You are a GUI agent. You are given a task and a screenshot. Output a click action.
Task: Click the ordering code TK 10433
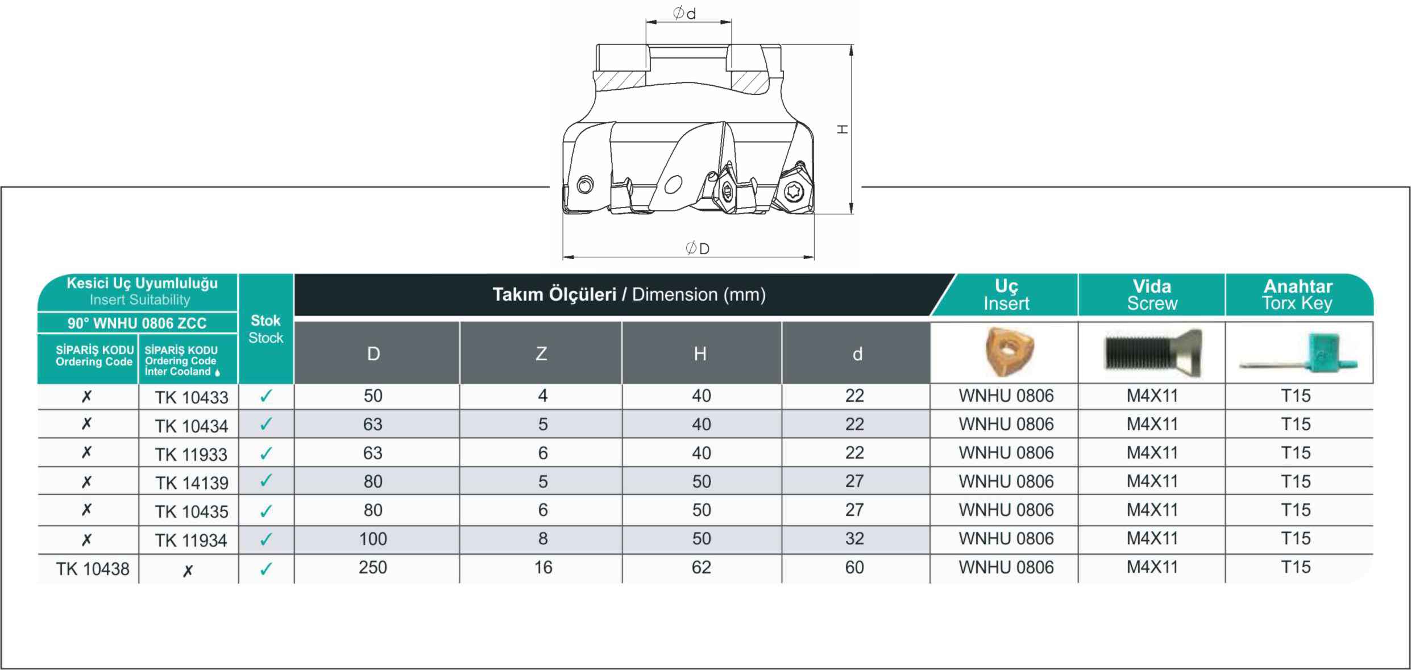[x=192, y=397]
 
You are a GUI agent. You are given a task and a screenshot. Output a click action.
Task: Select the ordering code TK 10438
[x=93, y=569]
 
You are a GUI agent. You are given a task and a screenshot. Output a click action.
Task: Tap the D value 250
[x=373, y=567]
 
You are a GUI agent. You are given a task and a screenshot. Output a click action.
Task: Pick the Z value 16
[x=543, y=567]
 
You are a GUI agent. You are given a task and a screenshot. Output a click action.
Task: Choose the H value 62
[x=701, y=567]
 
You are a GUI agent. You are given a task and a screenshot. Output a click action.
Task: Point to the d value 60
[x=854, y=567]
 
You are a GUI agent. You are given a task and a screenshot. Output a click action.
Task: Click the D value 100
[x=373, y=539]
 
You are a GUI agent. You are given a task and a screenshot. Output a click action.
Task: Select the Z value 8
[x=543, y=539]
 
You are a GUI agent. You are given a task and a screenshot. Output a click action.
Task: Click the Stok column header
[x=265, y=329]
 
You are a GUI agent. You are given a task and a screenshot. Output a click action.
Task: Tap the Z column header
[x=541, y=353]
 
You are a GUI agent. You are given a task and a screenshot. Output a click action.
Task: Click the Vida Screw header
[x=1152, y=294]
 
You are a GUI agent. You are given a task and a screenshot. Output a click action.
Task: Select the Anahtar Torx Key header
[x=1297, y=294]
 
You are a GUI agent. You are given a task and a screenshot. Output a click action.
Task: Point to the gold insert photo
[x=1009, y=351]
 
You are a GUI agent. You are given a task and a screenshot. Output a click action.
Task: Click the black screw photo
[x=1153, y=353]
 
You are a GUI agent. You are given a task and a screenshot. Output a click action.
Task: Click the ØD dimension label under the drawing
[x=698, y=248]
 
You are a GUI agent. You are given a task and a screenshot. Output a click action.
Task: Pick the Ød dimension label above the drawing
[x=684, y=13]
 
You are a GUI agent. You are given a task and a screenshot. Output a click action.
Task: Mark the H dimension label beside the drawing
[x=843, y=130]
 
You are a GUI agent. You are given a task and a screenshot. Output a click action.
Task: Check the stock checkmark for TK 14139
[x=265, y=481]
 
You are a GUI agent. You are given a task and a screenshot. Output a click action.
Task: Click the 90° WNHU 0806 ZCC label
[x=137, y=323]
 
